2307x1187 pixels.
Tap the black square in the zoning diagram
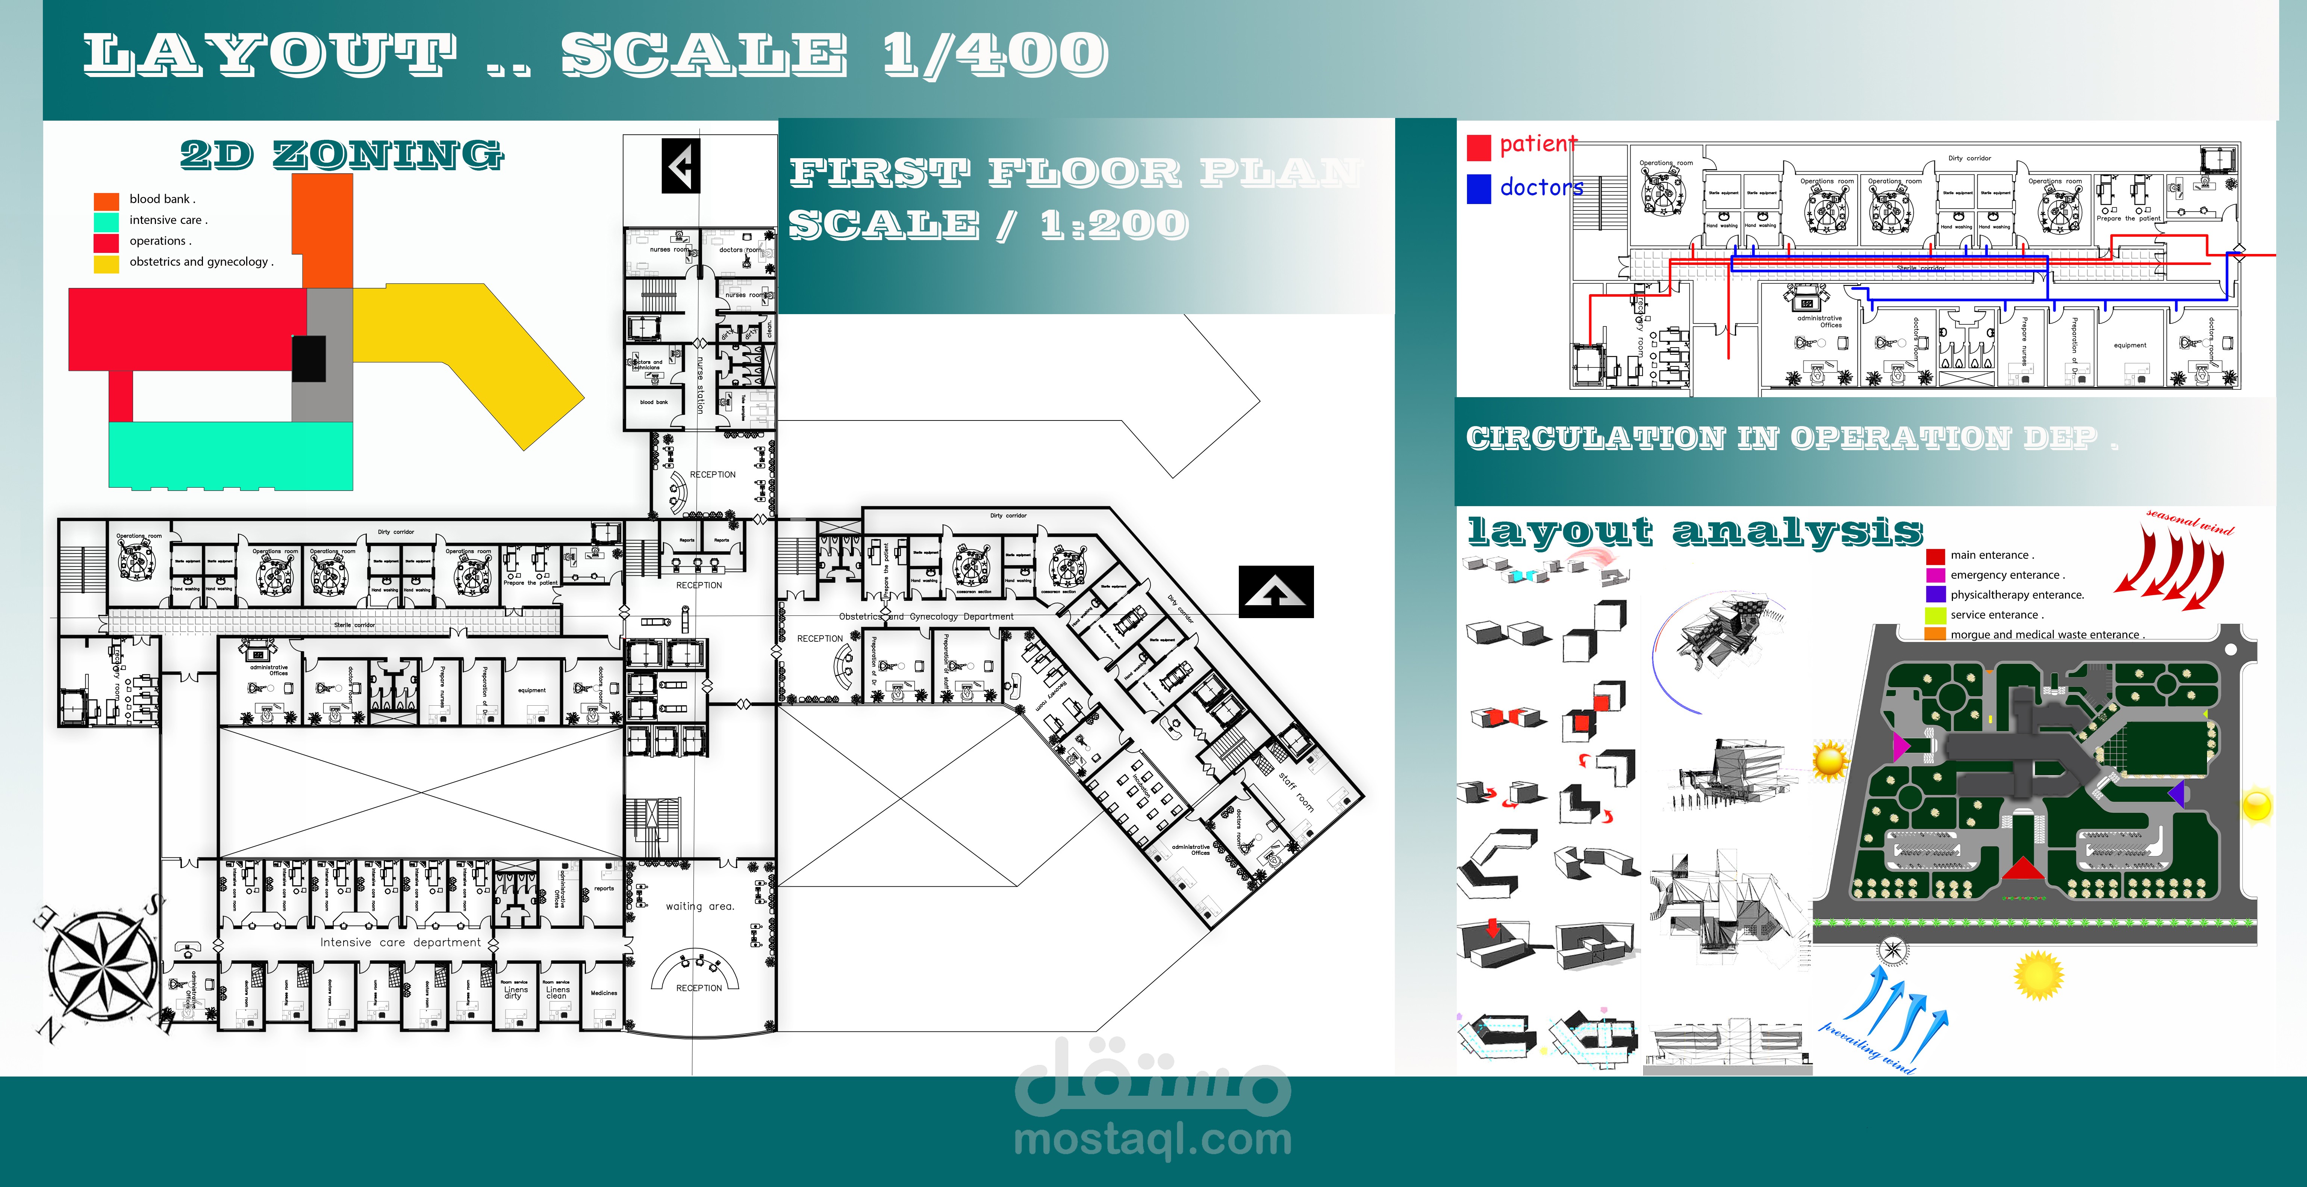[x=309, y=358]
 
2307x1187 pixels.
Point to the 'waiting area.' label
[x=699, y=906]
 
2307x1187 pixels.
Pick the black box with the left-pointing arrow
[x=681, y=166]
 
